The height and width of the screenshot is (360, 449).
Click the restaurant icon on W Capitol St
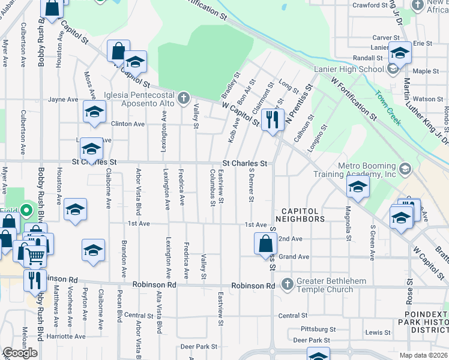pyautogui.click(x=273, y=119)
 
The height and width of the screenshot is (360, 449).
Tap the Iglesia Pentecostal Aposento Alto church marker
pyautogui.click(x=184, y=96)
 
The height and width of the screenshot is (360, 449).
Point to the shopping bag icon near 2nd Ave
pyautogui.click(x=265, y=244)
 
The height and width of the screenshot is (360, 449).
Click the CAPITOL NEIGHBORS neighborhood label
pyautogui.click(x=300, y=219)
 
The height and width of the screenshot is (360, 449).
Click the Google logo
pyautogui.click(x=20, y=353)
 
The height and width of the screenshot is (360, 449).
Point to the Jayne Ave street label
pyautogui.click(x=63, y=100)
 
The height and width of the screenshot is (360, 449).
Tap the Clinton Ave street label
pyautogui.click(x=128, y=124)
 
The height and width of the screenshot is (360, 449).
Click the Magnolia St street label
pyautogui.click(x=348, y=223)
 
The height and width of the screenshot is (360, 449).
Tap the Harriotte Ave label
pyautogui.click(x=67, y=336)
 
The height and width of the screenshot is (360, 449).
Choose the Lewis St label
pyautogui.click(x=378, y=332)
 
